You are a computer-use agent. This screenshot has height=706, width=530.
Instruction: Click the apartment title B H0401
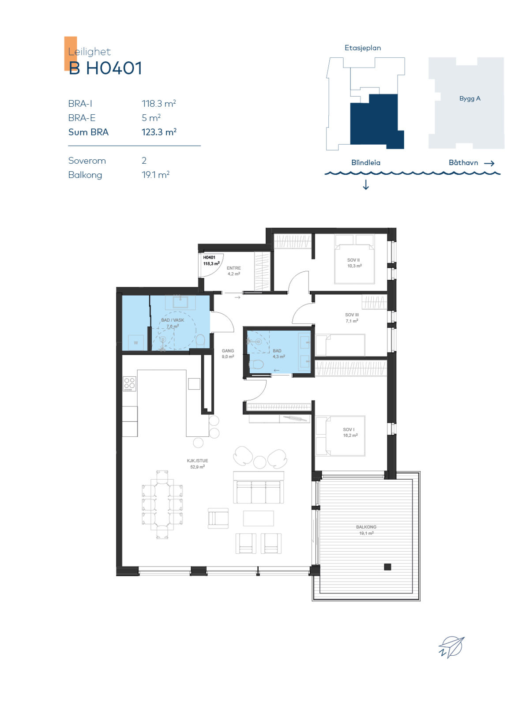point(105,68)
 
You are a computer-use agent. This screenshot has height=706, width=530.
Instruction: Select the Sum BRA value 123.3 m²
point(159,132)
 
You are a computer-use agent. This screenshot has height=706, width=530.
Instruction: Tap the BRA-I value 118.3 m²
point(158,104)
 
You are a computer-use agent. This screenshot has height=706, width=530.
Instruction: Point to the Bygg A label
point(470,98)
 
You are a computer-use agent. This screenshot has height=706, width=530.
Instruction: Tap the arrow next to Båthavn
point(489,163)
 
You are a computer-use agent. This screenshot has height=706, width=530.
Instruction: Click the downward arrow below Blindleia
point(366,184)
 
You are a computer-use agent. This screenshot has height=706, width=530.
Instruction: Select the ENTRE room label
point(233,268)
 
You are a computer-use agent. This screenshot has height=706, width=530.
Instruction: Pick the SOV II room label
point(353,260)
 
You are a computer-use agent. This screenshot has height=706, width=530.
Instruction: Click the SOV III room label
point(352,315)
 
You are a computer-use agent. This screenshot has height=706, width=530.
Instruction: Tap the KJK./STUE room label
point(197,461)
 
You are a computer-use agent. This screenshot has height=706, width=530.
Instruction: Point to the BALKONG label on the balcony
point(366,527)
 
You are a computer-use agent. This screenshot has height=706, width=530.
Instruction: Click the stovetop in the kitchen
point(130,384)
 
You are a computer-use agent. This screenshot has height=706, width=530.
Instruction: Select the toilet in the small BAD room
point(256,364)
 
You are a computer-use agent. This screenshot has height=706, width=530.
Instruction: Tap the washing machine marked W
point(136,342)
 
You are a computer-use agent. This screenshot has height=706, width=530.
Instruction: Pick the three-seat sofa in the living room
point(258,491)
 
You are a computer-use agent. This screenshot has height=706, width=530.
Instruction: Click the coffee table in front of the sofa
point(258,518)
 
